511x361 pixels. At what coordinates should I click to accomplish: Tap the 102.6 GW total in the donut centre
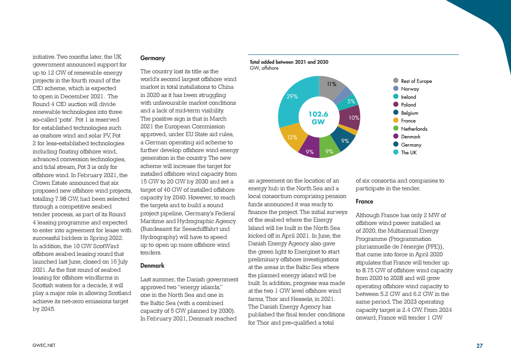tap(318, 118)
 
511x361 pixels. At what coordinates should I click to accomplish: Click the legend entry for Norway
tap(410, 89)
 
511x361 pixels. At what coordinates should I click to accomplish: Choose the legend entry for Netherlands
tap(414, 129)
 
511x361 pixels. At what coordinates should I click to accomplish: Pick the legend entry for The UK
tap(409, 153)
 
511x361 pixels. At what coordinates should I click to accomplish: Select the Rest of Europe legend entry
tap(416, 81)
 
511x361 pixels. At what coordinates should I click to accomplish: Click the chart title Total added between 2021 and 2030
tap(289, 62)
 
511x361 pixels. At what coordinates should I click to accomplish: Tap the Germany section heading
tap(153, 58)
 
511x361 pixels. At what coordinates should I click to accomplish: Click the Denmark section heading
tap(152, 265)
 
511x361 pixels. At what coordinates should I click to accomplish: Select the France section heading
tap(364, 201)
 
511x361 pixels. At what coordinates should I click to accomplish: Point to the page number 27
tap(479, 346)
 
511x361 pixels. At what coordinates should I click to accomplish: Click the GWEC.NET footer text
tap(44, 346)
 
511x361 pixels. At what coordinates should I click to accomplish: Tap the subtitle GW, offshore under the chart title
tap(264, 68)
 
